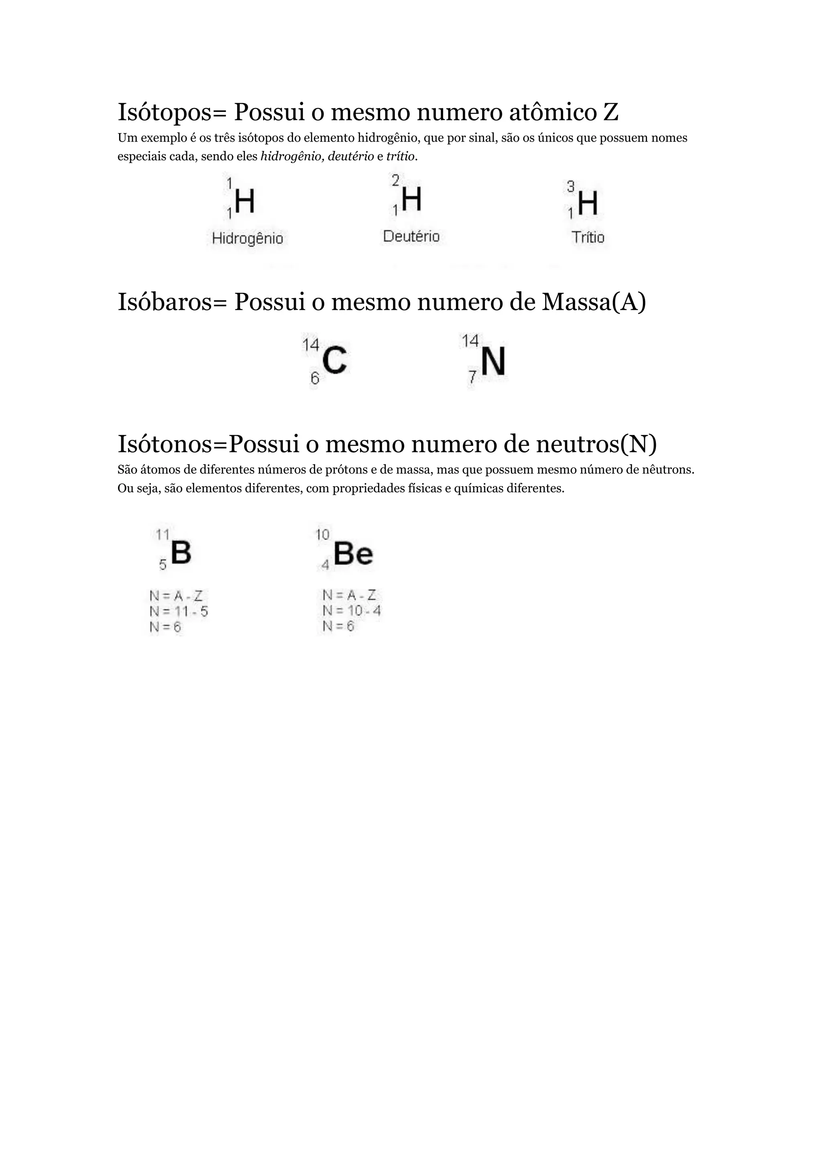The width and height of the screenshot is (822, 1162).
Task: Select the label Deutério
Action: pos(411,236)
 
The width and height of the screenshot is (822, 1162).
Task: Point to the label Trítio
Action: pos(588,238)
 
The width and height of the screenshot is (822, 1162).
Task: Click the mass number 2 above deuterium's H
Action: pos(395,180)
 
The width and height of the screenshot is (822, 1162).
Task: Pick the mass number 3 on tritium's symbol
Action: pos(570,187)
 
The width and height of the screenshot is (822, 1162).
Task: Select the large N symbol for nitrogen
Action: pos(493,362)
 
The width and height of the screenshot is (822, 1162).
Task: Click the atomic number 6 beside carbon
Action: pos(315,378)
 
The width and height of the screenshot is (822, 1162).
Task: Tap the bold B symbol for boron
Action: pos(181,552)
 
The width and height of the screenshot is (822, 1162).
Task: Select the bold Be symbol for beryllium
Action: pos(353,554)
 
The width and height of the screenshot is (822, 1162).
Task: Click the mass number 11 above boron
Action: pos(163,534)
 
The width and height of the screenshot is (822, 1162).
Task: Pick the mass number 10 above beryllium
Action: pos(322,534)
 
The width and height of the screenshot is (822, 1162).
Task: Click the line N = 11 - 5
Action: pos(179,611)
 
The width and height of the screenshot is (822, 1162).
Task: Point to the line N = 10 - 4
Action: pos(351,611)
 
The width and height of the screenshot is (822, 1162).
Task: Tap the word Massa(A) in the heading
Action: pos(594,302)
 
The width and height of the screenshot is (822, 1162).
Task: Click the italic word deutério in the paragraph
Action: pos(351,156)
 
